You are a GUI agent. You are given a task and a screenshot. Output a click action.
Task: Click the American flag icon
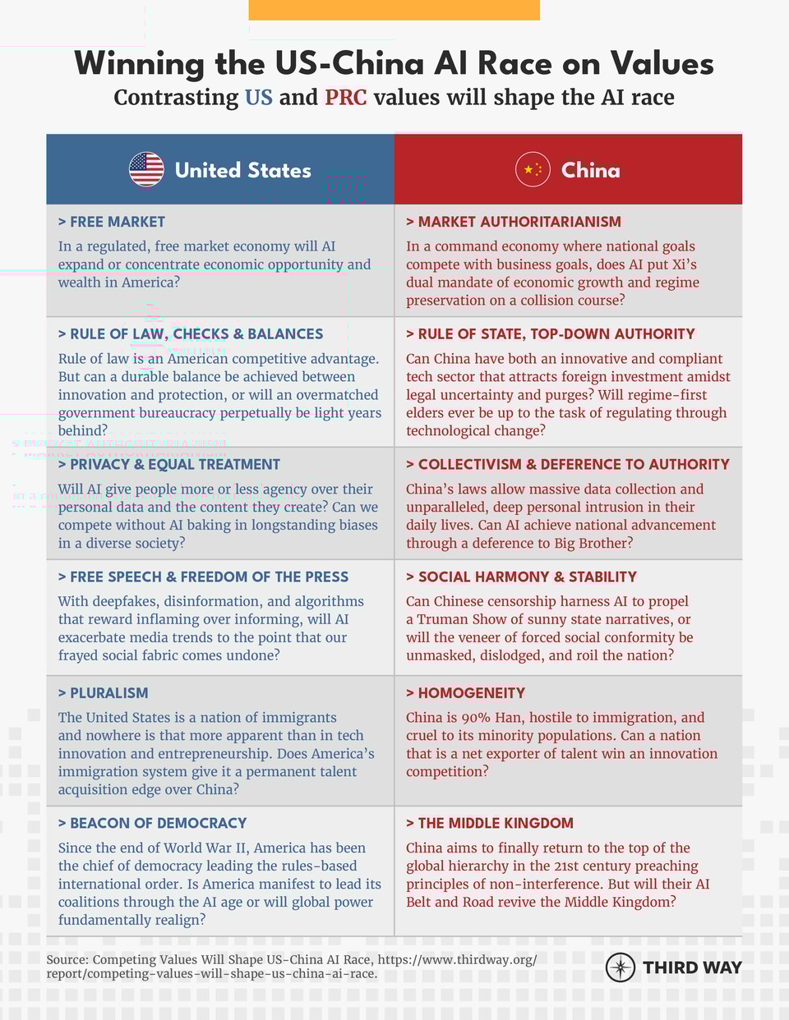click(x=146, y=169)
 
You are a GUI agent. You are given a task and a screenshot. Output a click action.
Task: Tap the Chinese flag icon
click(x=533, y=169)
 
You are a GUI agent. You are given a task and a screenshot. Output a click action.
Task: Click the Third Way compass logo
click(x=620, y=967)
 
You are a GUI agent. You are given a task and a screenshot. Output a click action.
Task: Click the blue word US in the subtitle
click(x=258, y=98)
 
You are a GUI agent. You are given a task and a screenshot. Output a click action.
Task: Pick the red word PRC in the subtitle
click(x=345, y=98)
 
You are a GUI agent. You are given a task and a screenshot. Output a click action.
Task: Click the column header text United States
click(x=243, y=170)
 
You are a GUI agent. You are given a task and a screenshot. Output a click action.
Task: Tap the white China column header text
click(x=590, y=170)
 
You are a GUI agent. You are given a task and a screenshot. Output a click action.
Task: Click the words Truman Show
click(x=461, y=619)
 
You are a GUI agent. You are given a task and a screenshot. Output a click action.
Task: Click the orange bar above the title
click(x=394, y=10)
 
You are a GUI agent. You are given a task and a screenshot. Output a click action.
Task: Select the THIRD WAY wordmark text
click(x=692, y=967)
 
